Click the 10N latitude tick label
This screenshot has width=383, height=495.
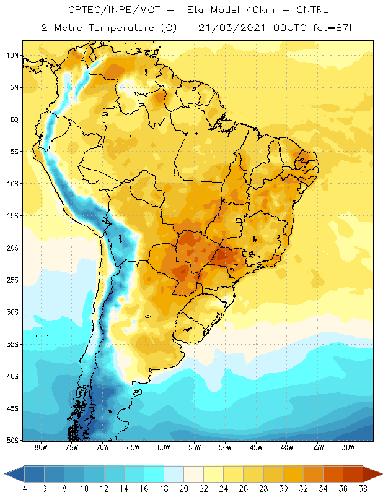(12, 56)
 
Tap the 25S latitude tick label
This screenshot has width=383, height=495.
(12, 280)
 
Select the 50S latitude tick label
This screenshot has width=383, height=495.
(12, 440)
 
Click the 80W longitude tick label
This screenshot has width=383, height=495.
(41, 447)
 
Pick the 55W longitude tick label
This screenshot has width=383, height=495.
(195, 447)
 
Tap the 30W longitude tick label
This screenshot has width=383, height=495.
(348, 447)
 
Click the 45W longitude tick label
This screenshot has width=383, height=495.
(256, 447)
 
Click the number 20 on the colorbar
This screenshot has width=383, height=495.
(183, 489)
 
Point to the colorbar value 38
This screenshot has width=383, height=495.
(363, 489)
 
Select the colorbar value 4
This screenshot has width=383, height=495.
(25, 489)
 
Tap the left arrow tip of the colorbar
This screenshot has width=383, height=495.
(5, 474)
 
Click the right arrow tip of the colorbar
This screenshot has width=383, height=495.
(382, 474)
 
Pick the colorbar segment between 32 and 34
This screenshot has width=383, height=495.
(313, 474)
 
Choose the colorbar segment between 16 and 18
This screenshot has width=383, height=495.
(154, 474)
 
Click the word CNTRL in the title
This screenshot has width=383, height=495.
(312, 10)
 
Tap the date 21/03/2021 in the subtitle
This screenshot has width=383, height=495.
(232, 28)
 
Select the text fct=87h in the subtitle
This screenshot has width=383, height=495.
(334, 28)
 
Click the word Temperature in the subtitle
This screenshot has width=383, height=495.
(121, 28)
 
